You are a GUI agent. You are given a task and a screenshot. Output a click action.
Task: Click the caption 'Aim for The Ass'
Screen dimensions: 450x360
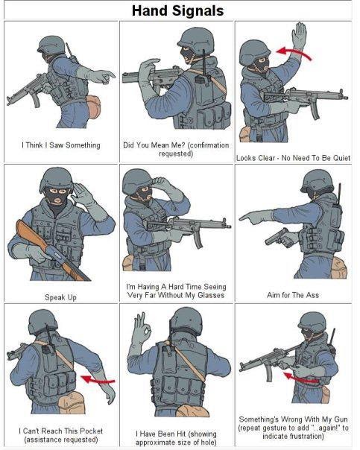click(292, 295)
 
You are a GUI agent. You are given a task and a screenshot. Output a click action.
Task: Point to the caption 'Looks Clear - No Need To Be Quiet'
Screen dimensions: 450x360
click(293, 158)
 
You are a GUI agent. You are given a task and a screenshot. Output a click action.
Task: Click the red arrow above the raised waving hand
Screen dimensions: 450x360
click(291, 51)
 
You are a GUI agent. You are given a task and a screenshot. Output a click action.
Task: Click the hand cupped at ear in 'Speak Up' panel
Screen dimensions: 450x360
click(80, 194)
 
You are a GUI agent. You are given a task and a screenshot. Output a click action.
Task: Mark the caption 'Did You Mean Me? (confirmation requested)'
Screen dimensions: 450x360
click(176, 149)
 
